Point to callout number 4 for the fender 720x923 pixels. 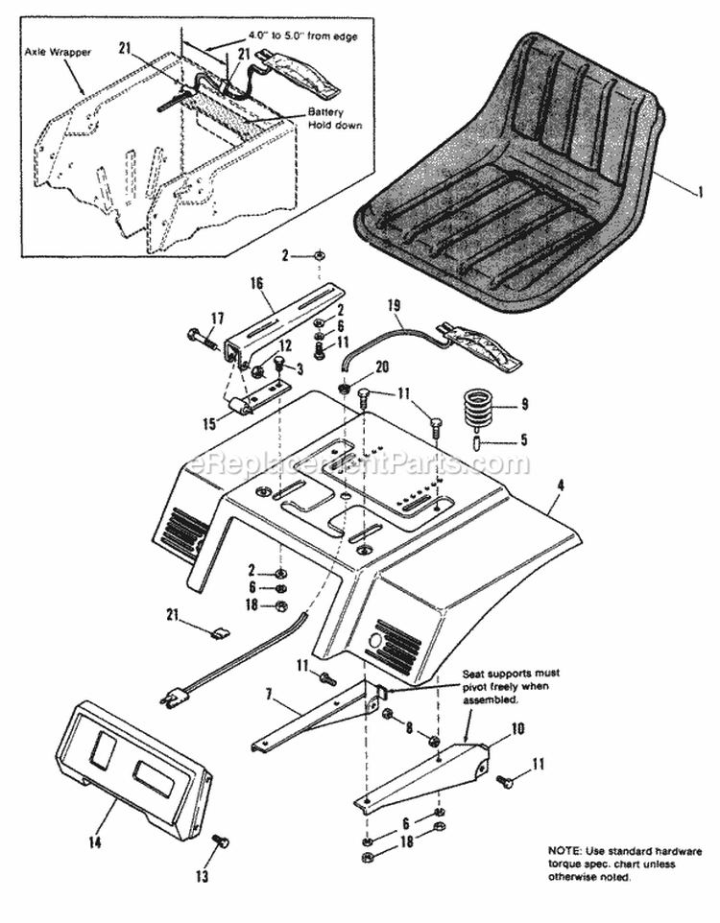tap(560, 486)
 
